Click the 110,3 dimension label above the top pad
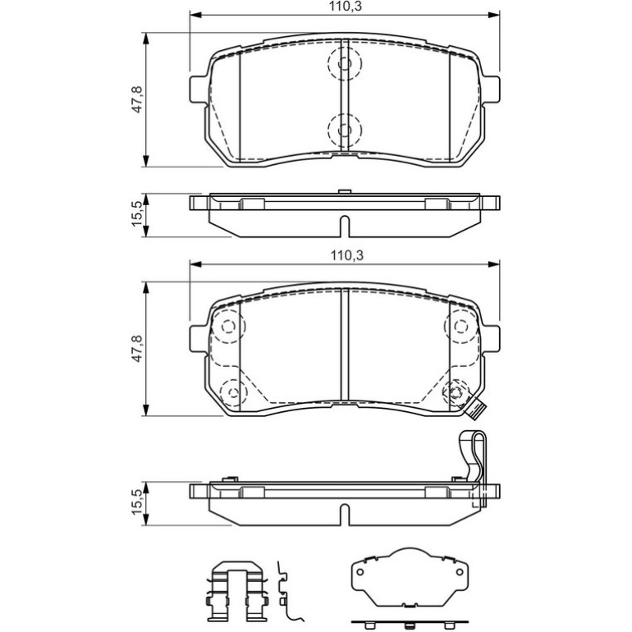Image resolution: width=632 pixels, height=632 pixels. pos(345,7)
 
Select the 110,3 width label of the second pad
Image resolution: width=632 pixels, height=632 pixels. pos(347,255)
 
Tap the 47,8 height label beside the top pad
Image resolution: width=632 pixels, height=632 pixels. pos(138,98)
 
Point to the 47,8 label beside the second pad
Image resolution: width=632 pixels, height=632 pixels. pos(138,348)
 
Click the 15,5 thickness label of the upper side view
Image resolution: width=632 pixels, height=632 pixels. pos(137,214)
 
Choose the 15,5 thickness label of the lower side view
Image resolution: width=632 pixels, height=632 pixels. pos(137,501)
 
